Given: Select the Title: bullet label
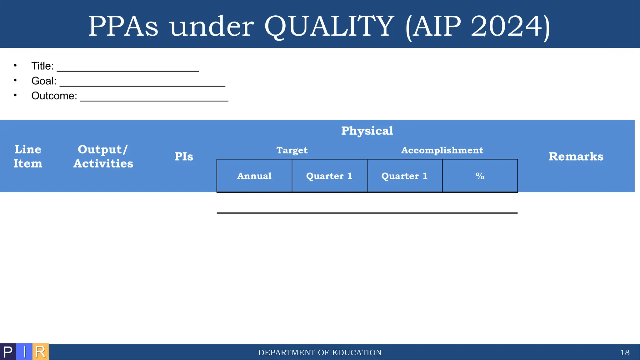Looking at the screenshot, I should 42,66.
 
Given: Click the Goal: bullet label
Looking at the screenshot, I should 44,81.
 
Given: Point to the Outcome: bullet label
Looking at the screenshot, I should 54,96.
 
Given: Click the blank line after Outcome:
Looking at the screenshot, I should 154,100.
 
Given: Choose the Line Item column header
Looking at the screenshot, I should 28,156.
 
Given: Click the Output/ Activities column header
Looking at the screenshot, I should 103,156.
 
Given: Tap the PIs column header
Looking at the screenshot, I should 184,157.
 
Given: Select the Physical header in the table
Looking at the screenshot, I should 367,131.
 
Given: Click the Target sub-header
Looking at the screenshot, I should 292,150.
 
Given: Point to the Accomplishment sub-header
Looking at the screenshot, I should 442,150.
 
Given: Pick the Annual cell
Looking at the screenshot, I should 254,176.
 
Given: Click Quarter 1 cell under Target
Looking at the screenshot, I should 329,176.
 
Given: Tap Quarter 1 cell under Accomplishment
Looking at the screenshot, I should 405,176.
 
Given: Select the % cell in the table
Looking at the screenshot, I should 480,176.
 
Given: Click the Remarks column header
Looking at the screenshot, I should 576,157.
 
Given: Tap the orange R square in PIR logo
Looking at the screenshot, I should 41,352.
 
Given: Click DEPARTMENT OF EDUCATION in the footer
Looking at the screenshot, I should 320,352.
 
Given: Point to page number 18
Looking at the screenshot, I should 625,352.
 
